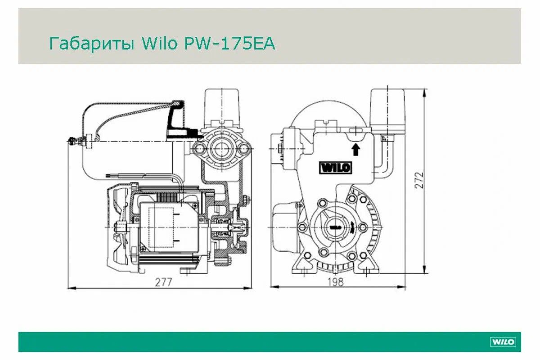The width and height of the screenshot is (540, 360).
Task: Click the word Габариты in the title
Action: pos(92,44)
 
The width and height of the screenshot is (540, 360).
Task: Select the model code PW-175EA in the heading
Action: pos(229,43)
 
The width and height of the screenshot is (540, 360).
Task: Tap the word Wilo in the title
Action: pos(159,43)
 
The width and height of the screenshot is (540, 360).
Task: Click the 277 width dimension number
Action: pos(163,282)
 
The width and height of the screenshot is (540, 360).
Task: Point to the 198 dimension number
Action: pos(336,282)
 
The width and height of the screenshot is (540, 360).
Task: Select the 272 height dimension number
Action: pos(419,180)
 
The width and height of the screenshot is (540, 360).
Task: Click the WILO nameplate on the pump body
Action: pos(336,167)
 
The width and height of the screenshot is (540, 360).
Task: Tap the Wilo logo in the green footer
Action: pos(503,342)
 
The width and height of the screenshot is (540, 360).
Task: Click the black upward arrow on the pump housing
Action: pos(356,149)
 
